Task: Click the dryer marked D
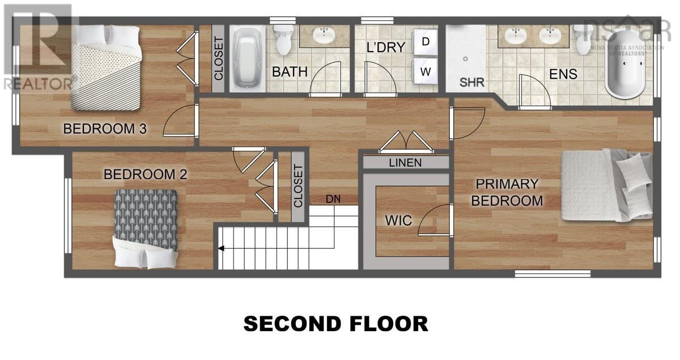tap(426, 41)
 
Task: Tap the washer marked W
tap(426, 71)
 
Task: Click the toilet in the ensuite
tap(582, 39)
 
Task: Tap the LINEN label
tap(405, 163)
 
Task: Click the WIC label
tap(398, 221)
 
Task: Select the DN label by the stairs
tap(333, 199)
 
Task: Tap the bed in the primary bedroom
tap(606, 185)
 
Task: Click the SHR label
tap(471, 82)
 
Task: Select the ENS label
tap(563, 74)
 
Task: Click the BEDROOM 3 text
tap(105, 129)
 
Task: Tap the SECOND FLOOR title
tap(335, 324)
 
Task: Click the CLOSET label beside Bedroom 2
tap(299, 185)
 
